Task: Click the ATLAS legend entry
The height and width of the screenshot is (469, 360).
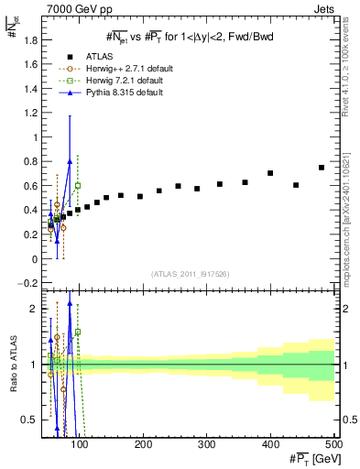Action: (103, 56)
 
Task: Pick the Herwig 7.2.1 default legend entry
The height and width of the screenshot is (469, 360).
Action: (116, 80)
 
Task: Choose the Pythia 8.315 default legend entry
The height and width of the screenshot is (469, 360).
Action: (115, 92)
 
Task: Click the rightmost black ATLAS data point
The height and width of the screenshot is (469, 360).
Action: (322, 168)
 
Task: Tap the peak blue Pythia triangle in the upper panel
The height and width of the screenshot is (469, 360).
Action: (70, 162)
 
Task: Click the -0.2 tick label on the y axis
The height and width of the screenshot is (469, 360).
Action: (29, 282)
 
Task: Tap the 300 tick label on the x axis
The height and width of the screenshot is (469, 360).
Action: (206, 444)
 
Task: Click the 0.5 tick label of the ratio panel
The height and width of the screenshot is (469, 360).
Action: (31, 420)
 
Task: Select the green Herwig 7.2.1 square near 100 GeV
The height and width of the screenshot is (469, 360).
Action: (78, 186)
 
